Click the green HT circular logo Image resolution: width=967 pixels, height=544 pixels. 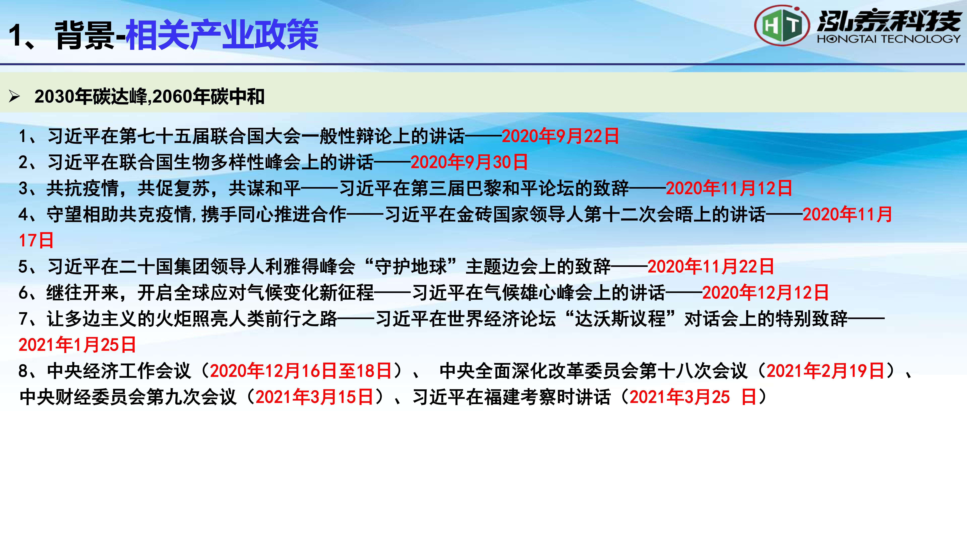[782, 26]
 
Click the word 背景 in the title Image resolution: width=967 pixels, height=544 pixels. [85, 35]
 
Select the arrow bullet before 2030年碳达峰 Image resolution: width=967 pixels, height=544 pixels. [14, 96]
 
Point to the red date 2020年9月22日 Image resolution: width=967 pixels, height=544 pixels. [560, 136]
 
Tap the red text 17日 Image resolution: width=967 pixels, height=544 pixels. [36, 240]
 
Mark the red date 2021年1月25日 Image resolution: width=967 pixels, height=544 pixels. [77, 345]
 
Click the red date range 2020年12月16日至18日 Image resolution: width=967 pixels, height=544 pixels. [301, 371]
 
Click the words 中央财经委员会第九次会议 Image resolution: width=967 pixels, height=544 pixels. [128, 397]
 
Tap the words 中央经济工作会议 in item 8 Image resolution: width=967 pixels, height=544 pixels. [119, 371]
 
